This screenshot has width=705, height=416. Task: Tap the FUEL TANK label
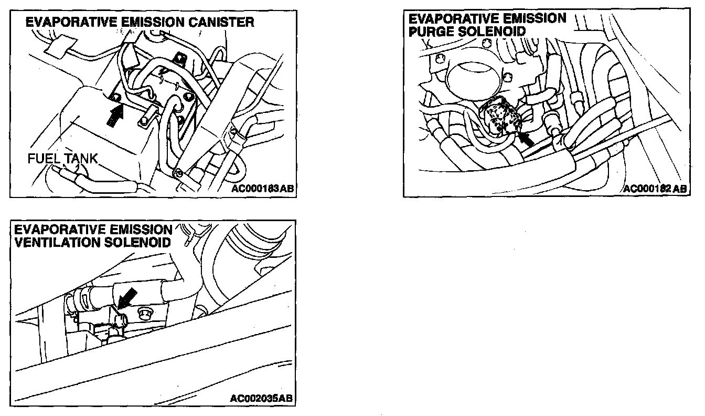(63, 158)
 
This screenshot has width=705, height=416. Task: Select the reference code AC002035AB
(261, 399)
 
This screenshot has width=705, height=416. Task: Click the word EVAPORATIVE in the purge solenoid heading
(452, 19)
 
